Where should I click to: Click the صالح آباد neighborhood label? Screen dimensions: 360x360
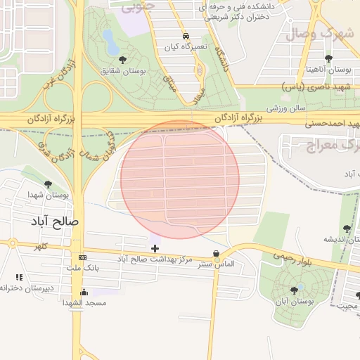point(55,221)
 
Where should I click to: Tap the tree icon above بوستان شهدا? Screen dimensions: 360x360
point(48,185)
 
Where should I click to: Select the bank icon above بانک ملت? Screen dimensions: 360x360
point(83,257)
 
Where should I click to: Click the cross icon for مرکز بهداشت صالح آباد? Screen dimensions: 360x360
point(155,248)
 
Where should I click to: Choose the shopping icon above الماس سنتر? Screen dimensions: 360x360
point(216,254)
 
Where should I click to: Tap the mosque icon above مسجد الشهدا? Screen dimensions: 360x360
point(84,292)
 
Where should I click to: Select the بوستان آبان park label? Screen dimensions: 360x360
point(295,301)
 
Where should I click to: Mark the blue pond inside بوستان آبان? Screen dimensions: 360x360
point(302,287)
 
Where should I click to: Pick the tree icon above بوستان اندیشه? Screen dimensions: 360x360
point(346,229)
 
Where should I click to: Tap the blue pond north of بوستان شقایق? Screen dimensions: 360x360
point(110,41)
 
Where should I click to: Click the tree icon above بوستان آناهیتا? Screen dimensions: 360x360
point(328,58)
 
